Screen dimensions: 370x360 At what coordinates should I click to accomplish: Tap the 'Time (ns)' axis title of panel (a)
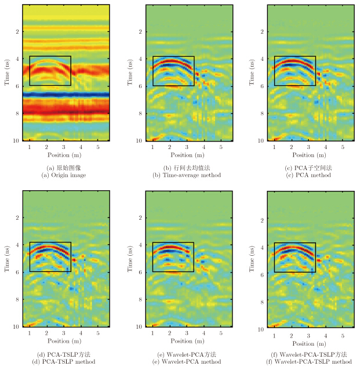(6, 74)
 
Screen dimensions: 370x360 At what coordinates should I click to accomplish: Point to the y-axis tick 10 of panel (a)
(17, 141)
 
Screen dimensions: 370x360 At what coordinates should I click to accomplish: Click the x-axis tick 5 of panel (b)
(221, 148)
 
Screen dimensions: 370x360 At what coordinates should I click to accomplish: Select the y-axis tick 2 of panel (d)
(18, 217)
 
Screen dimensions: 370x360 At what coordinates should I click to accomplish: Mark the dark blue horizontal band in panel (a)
(66, 94)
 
